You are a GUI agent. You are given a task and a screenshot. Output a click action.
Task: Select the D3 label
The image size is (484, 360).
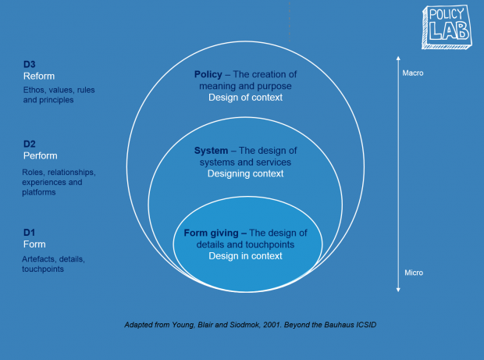tap(29, 64)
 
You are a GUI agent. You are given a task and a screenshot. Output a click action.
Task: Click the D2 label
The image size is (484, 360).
tap(29, 144)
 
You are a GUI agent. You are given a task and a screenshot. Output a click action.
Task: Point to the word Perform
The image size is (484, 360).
tap(40, 155)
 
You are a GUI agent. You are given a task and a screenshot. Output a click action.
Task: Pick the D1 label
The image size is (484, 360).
tap(29, 232)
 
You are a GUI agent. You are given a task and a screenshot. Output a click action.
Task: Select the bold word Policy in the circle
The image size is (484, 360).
tap(208, 75)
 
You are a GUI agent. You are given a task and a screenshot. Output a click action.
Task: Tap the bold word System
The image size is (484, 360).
tap(210, 151)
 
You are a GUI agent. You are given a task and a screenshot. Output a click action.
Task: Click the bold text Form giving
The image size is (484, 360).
tap(215, 233)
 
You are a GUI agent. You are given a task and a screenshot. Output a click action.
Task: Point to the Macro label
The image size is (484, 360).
tap(413, 74)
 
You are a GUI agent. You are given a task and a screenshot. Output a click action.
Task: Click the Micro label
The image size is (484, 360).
tap(413, 273)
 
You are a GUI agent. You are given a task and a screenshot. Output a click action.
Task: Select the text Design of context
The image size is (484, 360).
tap(245, 98)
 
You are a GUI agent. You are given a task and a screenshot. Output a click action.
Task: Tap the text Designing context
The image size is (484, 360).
tap(245, 173)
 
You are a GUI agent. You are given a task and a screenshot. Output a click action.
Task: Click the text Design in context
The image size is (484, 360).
tap(245, 255)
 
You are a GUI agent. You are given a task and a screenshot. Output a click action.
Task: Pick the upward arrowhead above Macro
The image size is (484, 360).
tap(398, 58)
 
